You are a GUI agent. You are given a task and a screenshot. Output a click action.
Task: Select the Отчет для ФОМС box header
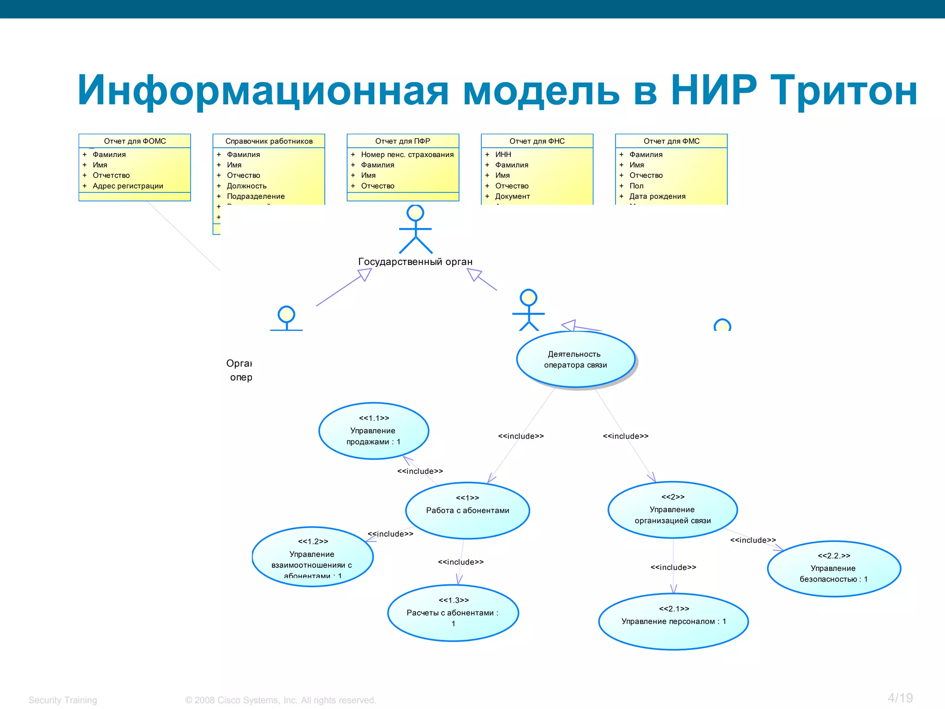coord(135,141)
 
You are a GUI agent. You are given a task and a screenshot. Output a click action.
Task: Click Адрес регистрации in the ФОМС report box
coord(128,186)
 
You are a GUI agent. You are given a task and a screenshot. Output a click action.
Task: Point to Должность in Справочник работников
coord(246,186)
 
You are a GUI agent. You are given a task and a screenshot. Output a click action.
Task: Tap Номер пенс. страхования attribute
coord(407,154)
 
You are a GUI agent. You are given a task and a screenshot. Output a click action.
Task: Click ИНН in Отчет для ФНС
coord(503,154)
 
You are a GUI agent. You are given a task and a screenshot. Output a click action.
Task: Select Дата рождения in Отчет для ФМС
coord(657,196)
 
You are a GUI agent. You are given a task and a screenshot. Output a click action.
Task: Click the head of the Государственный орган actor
coord(415,213)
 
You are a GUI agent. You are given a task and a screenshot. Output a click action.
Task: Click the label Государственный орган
coord(415,262)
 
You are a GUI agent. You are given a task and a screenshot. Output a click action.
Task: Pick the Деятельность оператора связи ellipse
coord(575,360)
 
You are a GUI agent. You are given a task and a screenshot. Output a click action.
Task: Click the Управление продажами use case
coord(373,431)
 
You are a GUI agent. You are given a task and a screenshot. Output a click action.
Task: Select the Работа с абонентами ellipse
coord(467,511)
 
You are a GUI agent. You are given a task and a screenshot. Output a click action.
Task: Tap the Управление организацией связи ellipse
coord(672,510)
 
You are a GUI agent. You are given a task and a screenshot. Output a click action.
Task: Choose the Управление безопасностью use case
coord(833,569)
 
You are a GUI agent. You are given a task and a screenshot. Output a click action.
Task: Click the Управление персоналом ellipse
coord(673,621)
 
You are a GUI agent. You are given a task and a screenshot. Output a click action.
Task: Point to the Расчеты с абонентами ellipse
coord(453,613)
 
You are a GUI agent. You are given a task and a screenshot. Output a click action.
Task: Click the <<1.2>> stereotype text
coord(313,541)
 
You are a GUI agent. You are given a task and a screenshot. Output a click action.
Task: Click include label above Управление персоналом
coord(673,567)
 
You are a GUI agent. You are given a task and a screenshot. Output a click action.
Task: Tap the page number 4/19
coord(900,698)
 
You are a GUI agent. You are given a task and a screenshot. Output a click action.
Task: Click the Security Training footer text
coord(63,700)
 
